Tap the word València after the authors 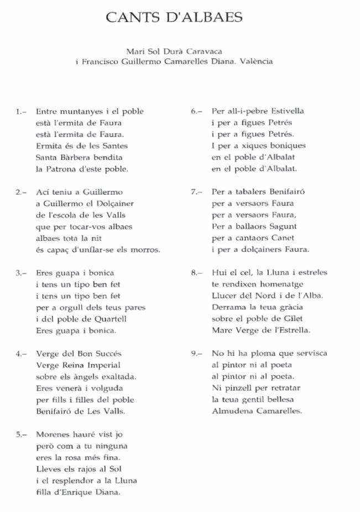coord(255,61)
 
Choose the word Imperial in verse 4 coord(103,365)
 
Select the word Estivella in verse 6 coord(286,111)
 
